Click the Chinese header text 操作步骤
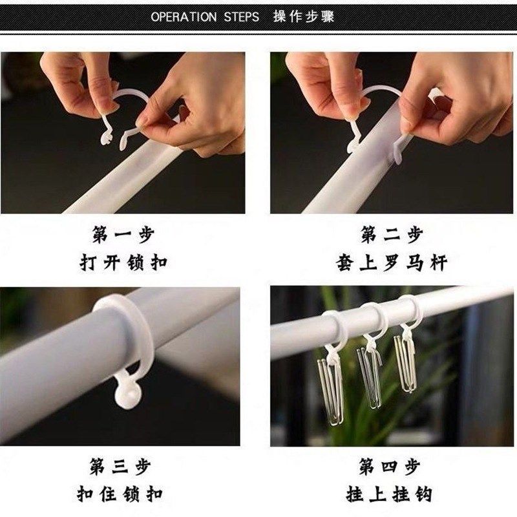tap(304, 17)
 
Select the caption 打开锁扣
tap(123, 263)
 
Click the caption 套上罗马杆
tap(392, 263)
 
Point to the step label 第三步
tap(123, 466)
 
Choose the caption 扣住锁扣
tap(123, 495)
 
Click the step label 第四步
tap(392, 466)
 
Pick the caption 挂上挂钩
tap(392, 495)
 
